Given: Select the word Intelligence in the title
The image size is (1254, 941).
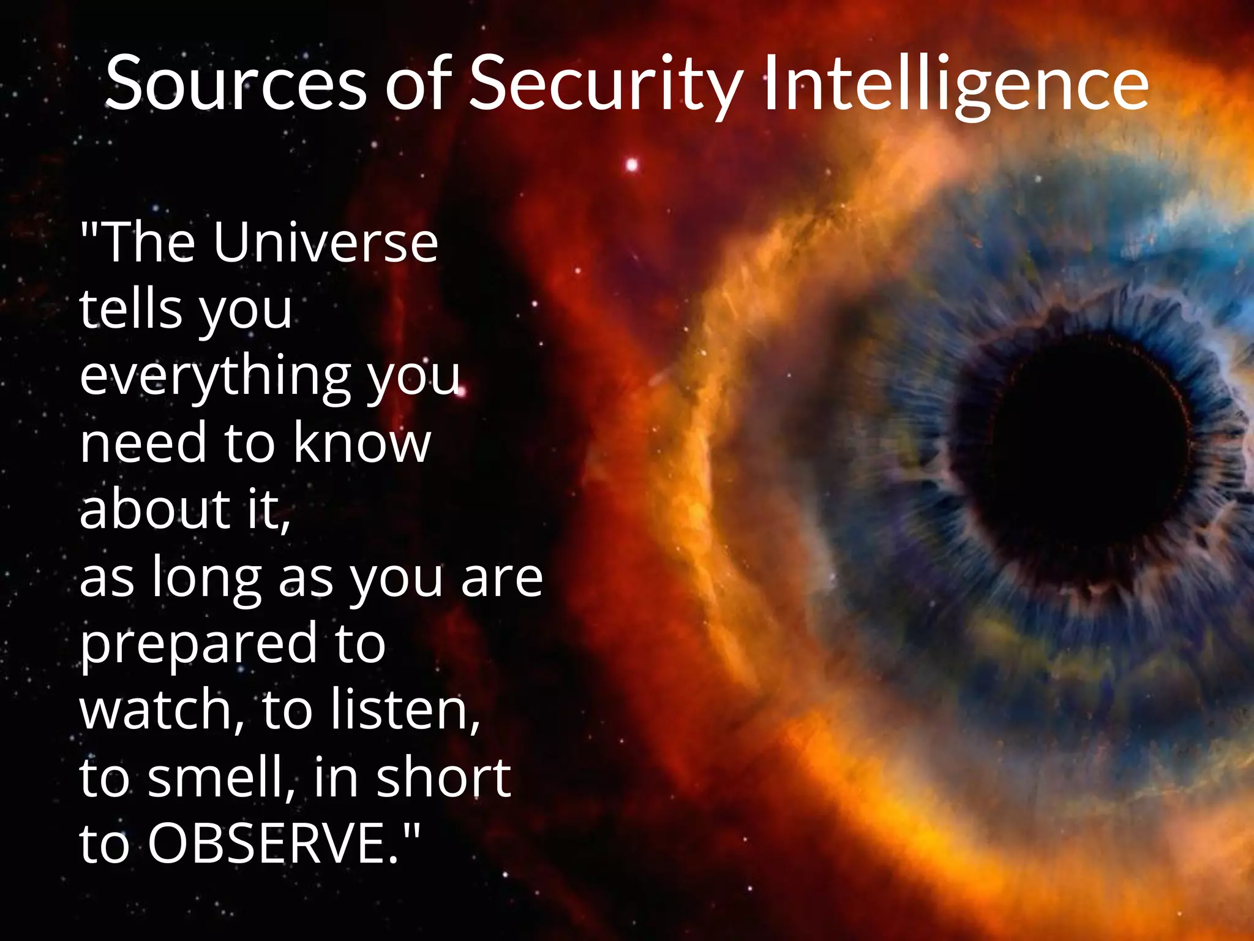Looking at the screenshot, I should tap(956, 85).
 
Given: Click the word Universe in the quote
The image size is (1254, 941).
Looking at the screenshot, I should tap(325, 243).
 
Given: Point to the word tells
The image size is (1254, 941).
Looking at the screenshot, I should tap(132, 309).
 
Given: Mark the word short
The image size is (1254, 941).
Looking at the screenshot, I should tap(443, 777).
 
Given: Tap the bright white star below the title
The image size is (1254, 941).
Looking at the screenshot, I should tap(632, 165).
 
